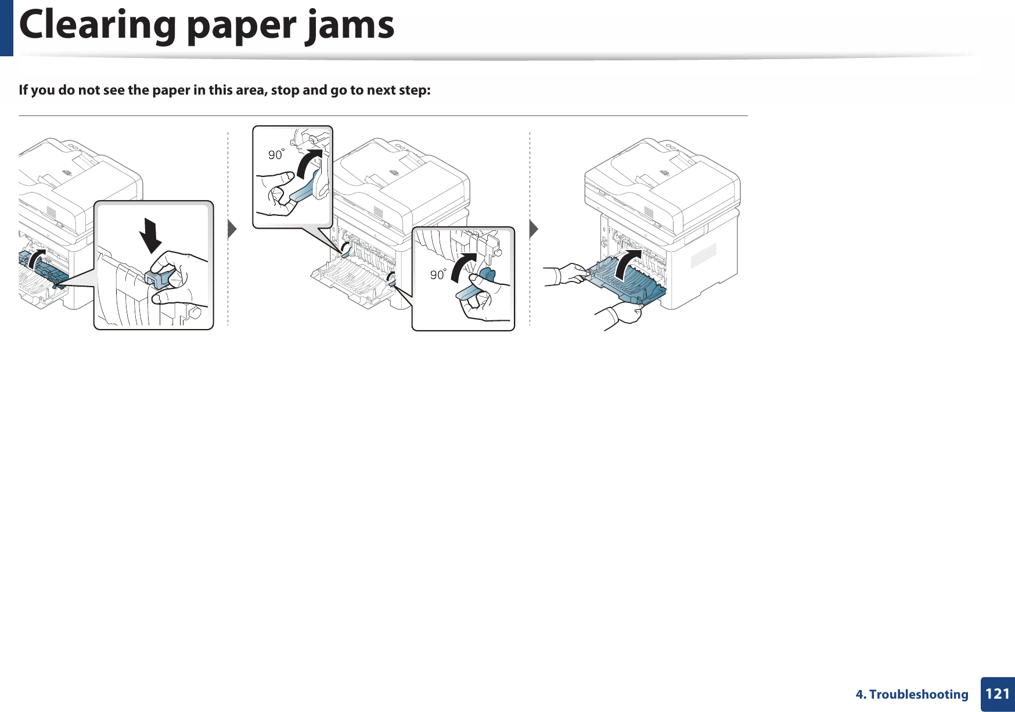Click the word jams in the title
(x=350, y=26)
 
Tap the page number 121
(x=997, y=694)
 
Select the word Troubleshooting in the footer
(x=919, y=695)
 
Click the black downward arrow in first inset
(x=152, y=235)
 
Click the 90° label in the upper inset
(x=276, y=154)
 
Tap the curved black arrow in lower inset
(x=462, y=269)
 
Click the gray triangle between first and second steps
(x=232, y=229)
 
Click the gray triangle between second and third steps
(x=534, y=229)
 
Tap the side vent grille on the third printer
(x=703, y=255)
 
